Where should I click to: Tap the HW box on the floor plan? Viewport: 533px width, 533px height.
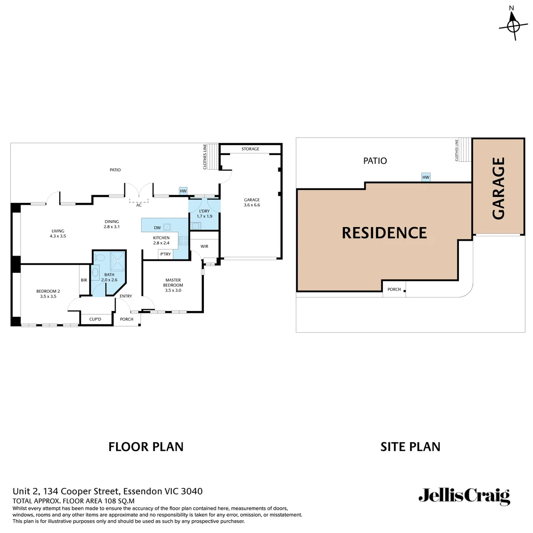coord(183,191)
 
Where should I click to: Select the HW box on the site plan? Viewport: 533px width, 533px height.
coord(425,177)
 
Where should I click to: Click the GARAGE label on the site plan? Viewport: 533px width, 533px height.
coord(498,188)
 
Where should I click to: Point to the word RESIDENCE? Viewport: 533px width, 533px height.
coord(384,232)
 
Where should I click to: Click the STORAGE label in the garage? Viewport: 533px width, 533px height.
coord(250,149)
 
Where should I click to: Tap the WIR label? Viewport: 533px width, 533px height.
coord(204,246)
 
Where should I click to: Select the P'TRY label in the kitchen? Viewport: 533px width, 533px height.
coord(164,254)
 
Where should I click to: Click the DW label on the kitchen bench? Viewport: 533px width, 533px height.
coord(157,228)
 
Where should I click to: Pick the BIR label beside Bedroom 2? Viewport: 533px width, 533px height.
coord(84,280)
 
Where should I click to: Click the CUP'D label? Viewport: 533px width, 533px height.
coord(95,319)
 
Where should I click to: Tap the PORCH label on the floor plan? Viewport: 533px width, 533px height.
coord(127,319)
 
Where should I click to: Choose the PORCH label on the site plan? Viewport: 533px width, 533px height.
coord(394,289)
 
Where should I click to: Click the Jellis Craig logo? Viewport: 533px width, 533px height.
coord(464,495)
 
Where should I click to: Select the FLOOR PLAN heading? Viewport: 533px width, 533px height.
coord(146,447)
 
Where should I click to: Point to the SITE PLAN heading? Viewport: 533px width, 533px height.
coord(410,447)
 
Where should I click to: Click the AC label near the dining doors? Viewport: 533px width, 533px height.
coord(139,205)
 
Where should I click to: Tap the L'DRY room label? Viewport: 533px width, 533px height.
coord(204,213)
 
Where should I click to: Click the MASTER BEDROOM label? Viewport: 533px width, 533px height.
coord(173,282)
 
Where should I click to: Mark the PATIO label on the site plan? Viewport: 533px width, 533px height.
coord(375,161)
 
